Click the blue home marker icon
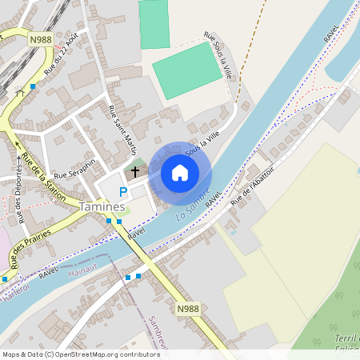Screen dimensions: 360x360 click(180, 173)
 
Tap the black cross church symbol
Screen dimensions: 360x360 click(135, 171)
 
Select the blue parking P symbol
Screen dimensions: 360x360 click(122, 192)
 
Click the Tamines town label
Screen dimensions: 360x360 click(102, 206)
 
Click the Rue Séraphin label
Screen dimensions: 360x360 click(74, 167)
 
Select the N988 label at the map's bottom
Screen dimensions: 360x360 click(187, 309)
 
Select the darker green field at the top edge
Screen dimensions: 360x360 click(154, 23)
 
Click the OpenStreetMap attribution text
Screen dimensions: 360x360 click(81, 354)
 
